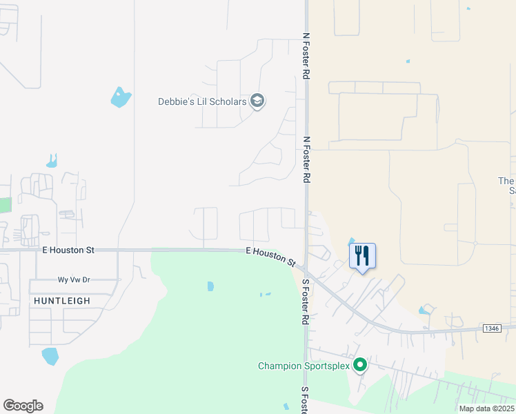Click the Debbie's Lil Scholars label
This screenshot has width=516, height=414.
pos(202,102)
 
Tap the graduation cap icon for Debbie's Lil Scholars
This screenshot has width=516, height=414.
pos(257,102)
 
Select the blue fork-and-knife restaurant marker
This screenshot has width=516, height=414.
pos(362,257)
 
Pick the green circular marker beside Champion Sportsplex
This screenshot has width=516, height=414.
pos(359,365)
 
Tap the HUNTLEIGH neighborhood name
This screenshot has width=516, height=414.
pos(61,301)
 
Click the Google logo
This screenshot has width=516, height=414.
pos(23,406)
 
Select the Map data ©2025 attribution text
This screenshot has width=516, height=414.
pos(486,408)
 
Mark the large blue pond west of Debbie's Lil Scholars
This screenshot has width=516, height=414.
pos(121,97)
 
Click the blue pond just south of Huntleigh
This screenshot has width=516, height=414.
pos(50,356)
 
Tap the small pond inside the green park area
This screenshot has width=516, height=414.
pos(210,286)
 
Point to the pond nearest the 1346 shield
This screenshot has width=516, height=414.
pos(425,310)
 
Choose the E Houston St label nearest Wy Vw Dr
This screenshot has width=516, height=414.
pos(68,250)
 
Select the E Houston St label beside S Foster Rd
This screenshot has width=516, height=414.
pos(271,257)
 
